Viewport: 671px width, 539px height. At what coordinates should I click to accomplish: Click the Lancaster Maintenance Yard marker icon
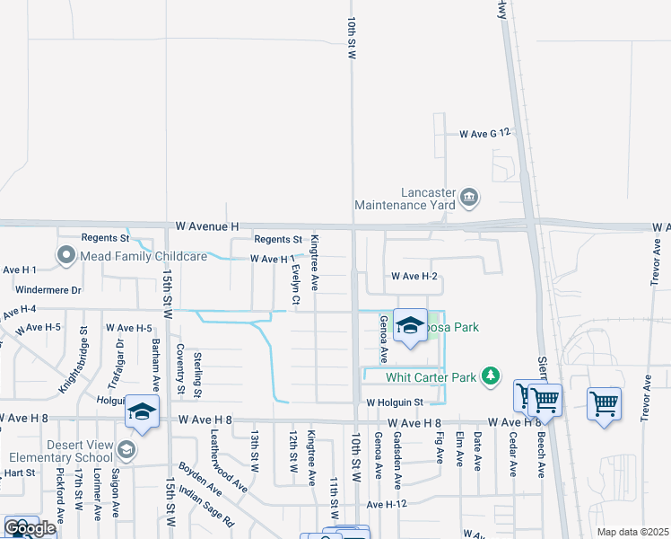pyautogui.click(x=468, y=197)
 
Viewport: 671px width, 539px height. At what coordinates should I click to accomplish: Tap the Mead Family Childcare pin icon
pyautogui.click(x=65, y=256)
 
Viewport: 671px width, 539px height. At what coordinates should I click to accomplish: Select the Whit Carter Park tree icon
pyautogui.click(x=490, y=376)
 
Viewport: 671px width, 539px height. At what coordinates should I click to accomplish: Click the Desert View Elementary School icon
pyautogui.click(x=126, y=449)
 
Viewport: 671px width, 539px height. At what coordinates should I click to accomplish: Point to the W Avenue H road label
pyautogui.click(x=208, y=225)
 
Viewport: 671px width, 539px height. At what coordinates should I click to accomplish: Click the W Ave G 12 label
pyautogui.click(x=484, y=133)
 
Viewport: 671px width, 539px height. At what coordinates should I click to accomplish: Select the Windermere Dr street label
pyautogui.click(x=49, y=290)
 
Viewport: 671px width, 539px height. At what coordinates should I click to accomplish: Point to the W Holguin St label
pyautogui.click(x=393, y=402)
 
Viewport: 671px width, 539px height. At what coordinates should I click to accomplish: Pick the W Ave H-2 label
pyautogui.click(x=414, y=276)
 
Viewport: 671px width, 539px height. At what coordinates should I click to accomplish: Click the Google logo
pyautogui.click(x=30, y=528)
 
